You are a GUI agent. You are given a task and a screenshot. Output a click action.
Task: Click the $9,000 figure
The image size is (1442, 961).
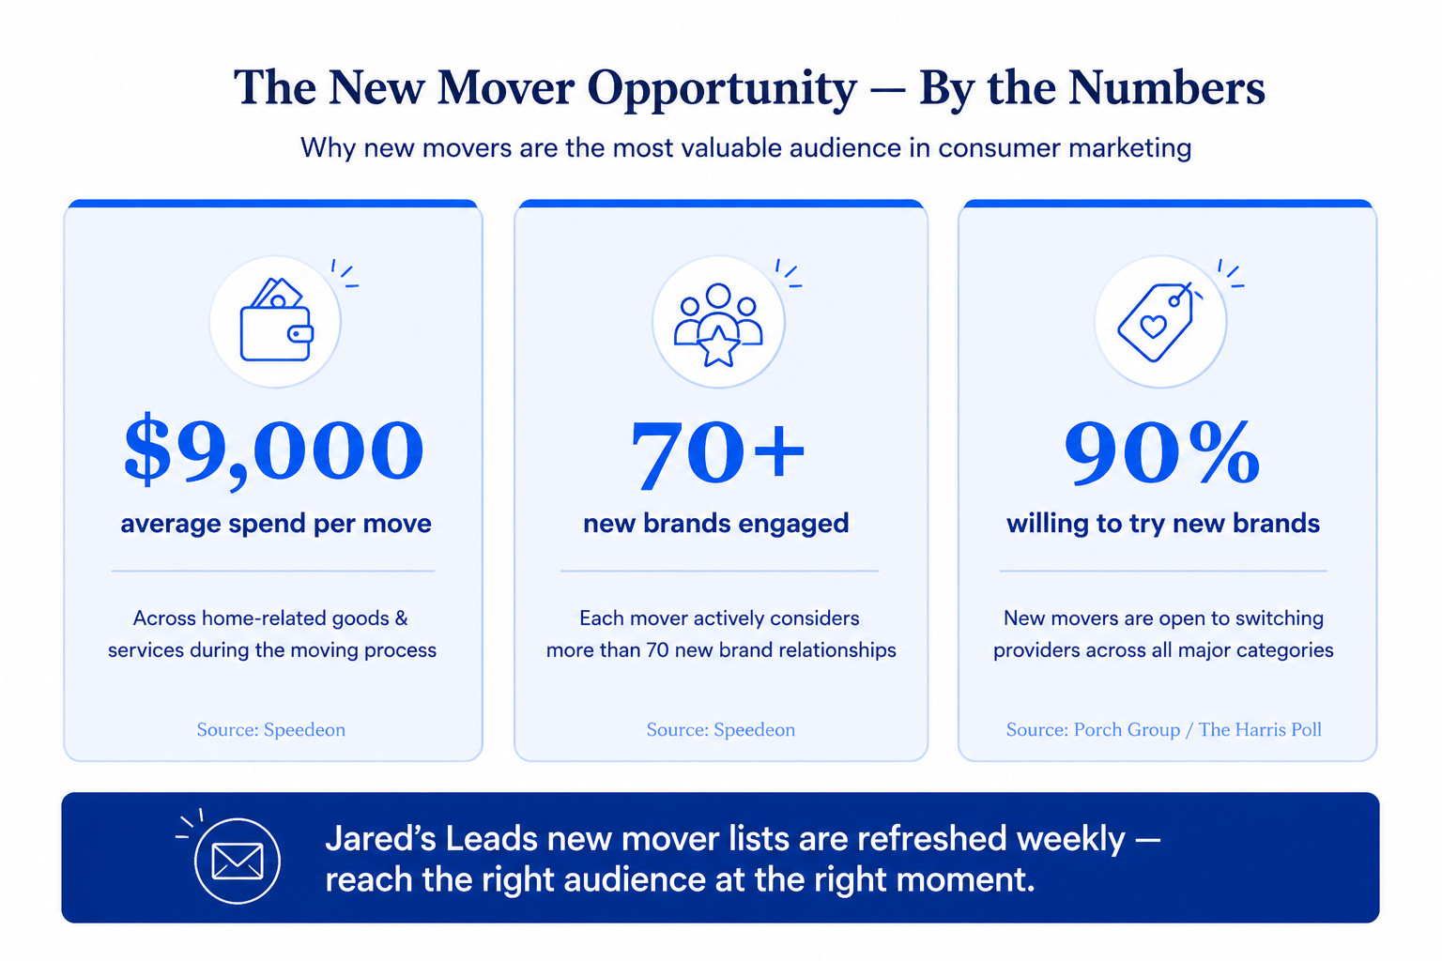[273, 450]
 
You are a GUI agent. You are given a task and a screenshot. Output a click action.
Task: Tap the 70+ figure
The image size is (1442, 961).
[717, 453]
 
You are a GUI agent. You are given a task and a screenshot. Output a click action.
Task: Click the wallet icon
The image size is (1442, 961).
[276, 320]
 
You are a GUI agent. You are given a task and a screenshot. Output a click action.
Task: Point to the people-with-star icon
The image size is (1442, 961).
[718, 325]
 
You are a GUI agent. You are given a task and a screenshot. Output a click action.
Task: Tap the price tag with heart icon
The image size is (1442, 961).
[1157, 321]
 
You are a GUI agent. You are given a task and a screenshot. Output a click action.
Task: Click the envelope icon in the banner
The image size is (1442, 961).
[237, 862]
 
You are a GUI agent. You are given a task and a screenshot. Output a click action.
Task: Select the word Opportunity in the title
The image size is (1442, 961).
[722, 89]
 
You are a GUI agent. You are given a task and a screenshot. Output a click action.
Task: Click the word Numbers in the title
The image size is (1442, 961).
[1167, 87]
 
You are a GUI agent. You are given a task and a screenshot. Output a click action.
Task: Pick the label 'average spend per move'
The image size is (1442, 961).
[275, 524]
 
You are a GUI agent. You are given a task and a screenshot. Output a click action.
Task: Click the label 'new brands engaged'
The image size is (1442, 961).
[716, 524]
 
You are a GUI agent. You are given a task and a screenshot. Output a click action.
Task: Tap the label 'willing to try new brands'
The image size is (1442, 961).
[1163, 524]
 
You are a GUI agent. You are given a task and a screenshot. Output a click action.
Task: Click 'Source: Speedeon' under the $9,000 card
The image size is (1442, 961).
[271, 730]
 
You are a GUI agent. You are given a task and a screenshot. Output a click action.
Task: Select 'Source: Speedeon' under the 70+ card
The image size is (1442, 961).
[721, 730]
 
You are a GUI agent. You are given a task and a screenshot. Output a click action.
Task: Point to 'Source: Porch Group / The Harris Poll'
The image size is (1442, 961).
[1164, 730]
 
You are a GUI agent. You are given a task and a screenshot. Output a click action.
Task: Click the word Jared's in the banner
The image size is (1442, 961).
[379, 839]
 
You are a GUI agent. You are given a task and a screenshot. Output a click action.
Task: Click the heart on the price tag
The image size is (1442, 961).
[1153, 327]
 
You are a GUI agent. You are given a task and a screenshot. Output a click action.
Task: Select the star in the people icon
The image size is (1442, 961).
[718, 346]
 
